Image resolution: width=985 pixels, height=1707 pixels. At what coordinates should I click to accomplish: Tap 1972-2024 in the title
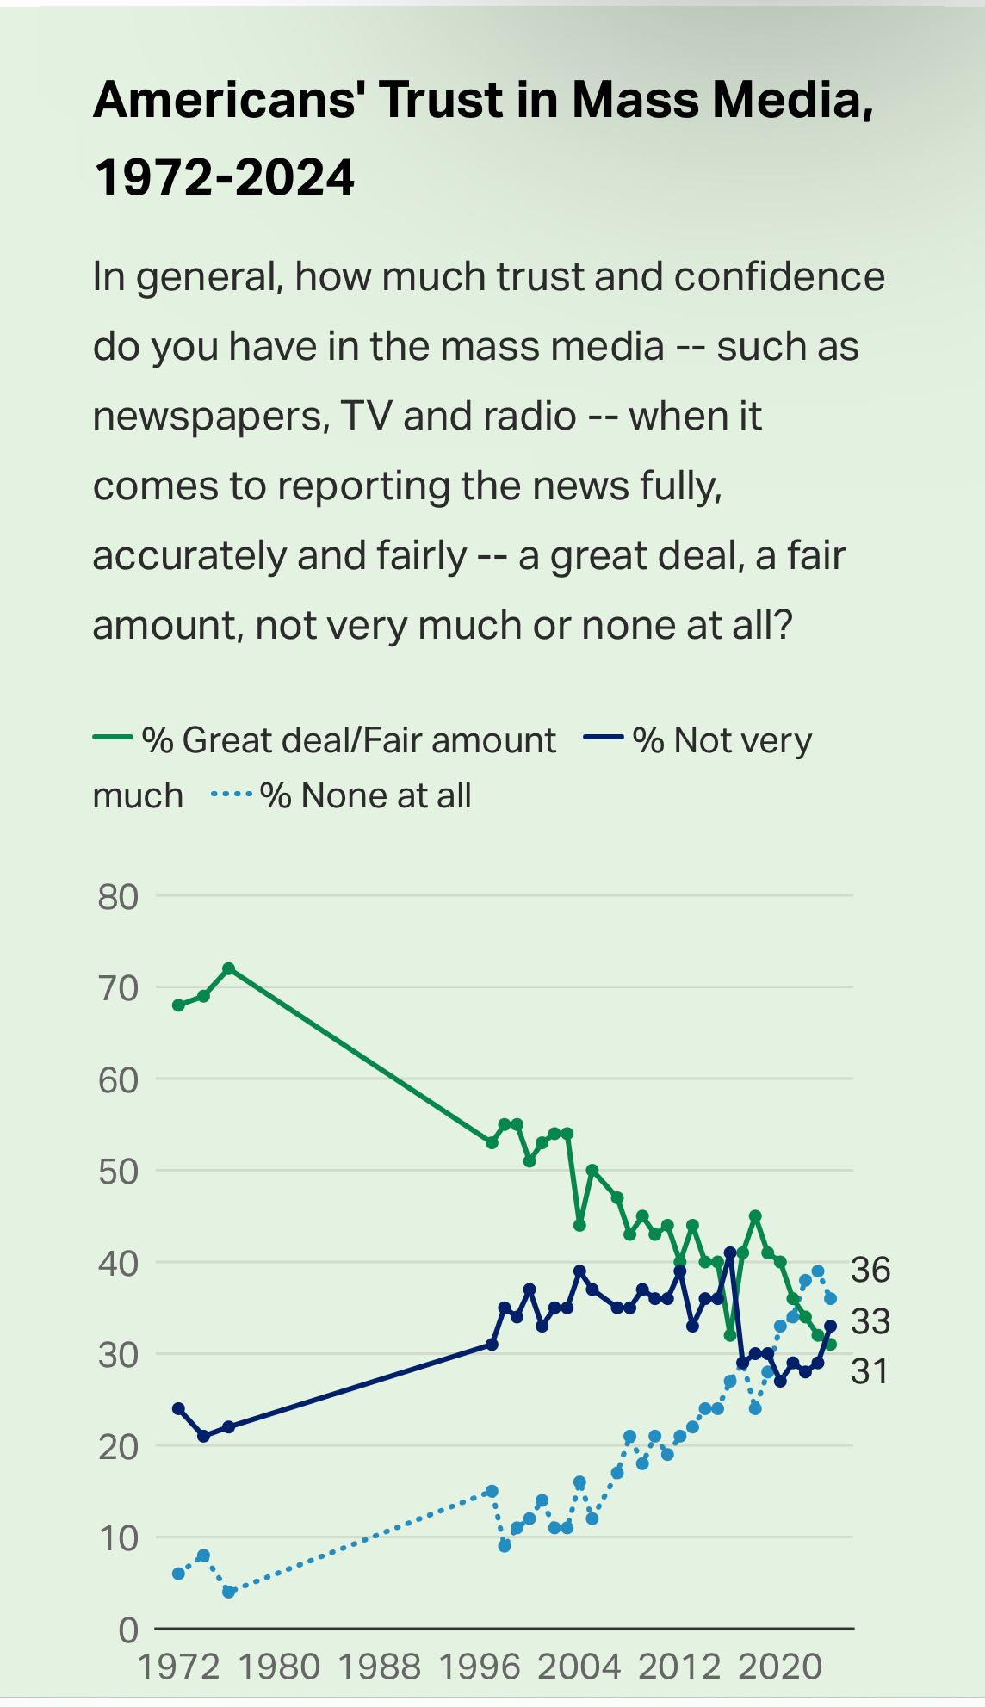click(224, 177)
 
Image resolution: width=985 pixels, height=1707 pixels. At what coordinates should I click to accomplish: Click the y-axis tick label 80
click(118, 897)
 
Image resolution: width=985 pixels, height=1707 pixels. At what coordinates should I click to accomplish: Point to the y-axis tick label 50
click(118, 1172)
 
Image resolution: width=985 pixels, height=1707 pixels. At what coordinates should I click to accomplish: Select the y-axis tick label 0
click(128, 1630)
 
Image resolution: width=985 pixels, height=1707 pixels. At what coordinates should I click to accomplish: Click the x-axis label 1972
click(179, 1667)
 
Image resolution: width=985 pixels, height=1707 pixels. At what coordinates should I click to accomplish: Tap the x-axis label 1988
click(380, 1667)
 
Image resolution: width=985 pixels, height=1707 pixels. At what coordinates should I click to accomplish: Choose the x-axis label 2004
click(579, 1667)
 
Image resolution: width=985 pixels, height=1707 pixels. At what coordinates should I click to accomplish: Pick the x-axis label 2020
click(780, 1667)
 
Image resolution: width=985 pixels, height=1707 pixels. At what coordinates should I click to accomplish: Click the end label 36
click(870, 1270)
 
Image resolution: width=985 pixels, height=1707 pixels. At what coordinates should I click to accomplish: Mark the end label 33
click(870, 1321)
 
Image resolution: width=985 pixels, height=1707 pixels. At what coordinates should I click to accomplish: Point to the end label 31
click(870, 1372)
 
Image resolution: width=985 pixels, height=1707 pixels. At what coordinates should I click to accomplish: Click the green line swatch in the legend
click(112, 738)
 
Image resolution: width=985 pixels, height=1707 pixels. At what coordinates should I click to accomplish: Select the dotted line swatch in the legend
click(231, 794)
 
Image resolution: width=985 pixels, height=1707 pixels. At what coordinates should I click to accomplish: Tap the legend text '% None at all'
click(366, 795)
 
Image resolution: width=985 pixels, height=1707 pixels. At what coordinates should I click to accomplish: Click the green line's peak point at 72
click(228, 968)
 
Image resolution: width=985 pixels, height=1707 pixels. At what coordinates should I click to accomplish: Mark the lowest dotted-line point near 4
click(228, 1592)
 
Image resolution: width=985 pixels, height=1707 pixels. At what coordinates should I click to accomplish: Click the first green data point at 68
click(178, 1005)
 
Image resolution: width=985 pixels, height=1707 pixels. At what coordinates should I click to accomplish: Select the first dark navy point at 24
click(178, 1408)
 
